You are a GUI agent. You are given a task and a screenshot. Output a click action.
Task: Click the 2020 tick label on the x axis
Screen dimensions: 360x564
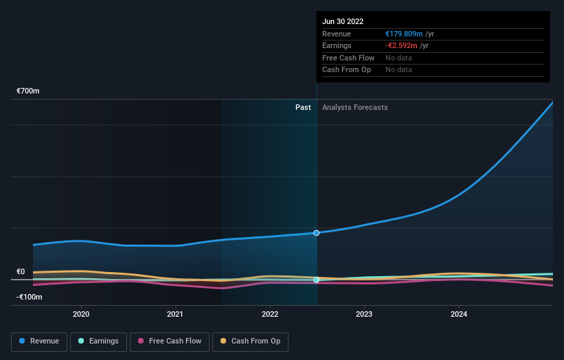[81, 314]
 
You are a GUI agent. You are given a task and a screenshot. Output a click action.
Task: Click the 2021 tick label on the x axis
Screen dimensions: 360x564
[175, 314]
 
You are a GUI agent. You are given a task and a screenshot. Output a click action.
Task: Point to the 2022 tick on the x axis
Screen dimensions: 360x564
[270, 314]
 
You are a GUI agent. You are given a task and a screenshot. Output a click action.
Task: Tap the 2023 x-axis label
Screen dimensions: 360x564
[364, 314]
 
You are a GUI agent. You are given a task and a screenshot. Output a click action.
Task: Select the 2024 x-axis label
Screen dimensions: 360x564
[459, 314]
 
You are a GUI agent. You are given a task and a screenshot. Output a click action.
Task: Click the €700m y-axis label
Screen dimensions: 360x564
[28, 91]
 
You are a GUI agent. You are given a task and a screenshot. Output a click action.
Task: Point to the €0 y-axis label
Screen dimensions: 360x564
[21, 271]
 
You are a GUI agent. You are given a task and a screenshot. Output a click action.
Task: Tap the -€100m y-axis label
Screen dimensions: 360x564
[30, 297]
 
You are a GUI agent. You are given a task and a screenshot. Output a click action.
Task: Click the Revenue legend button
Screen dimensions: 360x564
[39, 341]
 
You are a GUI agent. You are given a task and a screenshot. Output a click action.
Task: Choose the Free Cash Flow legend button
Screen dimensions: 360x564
[169, 341]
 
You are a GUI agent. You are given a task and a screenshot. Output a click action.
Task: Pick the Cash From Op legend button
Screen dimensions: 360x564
[250, 341]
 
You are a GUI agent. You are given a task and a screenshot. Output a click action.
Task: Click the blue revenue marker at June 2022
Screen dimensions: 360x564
[316, 233]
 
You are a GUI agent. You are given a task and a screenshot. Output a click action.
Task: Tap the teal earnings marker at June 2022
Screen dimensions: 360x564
[316, 280]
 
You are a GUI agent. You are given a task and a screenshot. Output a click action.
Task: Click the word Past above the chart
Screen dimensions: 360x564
[303, 107]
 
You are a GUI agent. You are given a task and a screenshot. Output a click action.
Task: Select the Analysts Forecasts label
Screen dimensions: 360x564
[354, 107]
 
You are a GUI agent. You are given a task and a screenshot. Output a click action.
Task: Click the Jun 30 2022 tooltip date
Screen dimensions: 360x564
[343, 21]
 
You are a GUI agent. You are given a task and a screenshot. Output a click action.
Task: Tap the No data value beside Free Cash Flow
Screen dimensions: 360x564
[398, 58]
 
